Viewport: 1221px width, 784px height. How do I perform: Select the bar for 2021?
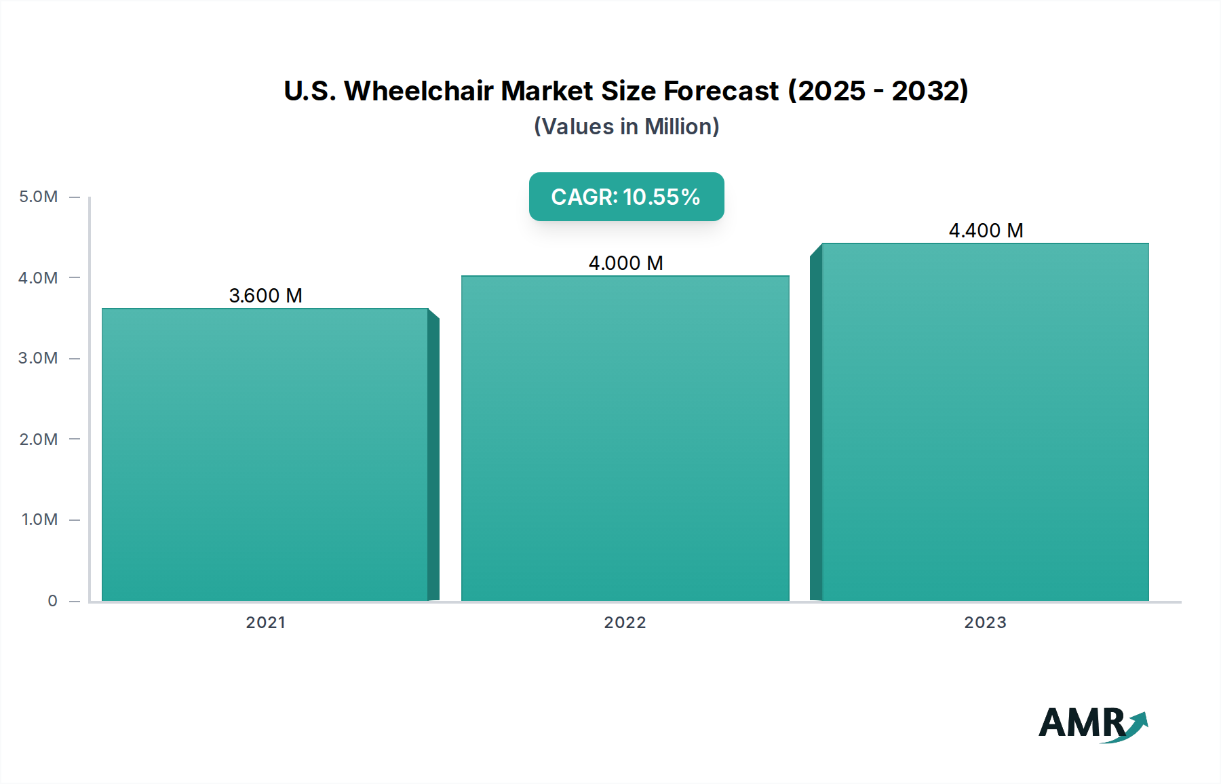point(265,454)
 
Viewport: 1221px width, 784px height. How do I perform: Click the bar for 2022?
point(625,438)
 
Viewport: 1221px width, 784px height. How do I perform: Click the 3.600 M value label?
point(265,296)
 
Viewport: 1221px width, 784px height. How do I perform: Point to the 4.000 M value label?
point(625,263)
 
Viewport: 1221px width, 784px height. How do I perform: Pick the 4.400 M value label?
point(986,231)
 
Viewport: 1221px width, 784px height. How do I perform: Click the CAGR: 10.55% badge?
point(626,197)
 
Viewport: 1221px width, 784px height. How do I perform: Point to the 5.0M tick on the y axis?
point(39,197)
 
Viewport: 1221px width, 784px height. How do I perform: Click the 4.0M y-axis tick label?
point(39,277)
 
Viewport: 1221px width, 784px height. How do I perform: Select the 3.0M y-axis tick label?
point(39,358)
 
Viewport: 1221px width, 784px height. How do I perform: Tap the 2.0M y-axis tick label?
point(39,439)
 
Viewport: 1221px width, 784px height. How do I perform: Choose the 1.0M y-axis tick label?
point(39,520)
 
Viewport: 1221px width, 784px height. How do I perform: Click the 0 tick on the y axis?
point(52,601)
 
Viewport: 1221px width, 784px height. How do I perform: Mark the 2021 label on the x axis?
point(265,623)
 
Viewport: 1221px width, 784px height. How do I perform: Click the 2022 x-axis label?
point(625,623)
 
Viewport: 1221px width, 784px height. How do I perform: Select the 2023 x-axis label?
point(985,623)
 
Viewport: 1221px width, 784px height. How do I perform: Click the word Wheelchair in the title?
point(419,91)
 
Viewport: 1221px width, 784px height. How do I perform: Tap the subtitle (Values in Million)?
point(626,127)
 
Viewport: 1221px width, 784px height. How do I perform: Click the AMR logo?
point(1092,724)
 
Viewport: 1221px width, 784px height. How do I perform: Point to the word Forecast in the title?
point(721,91)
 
